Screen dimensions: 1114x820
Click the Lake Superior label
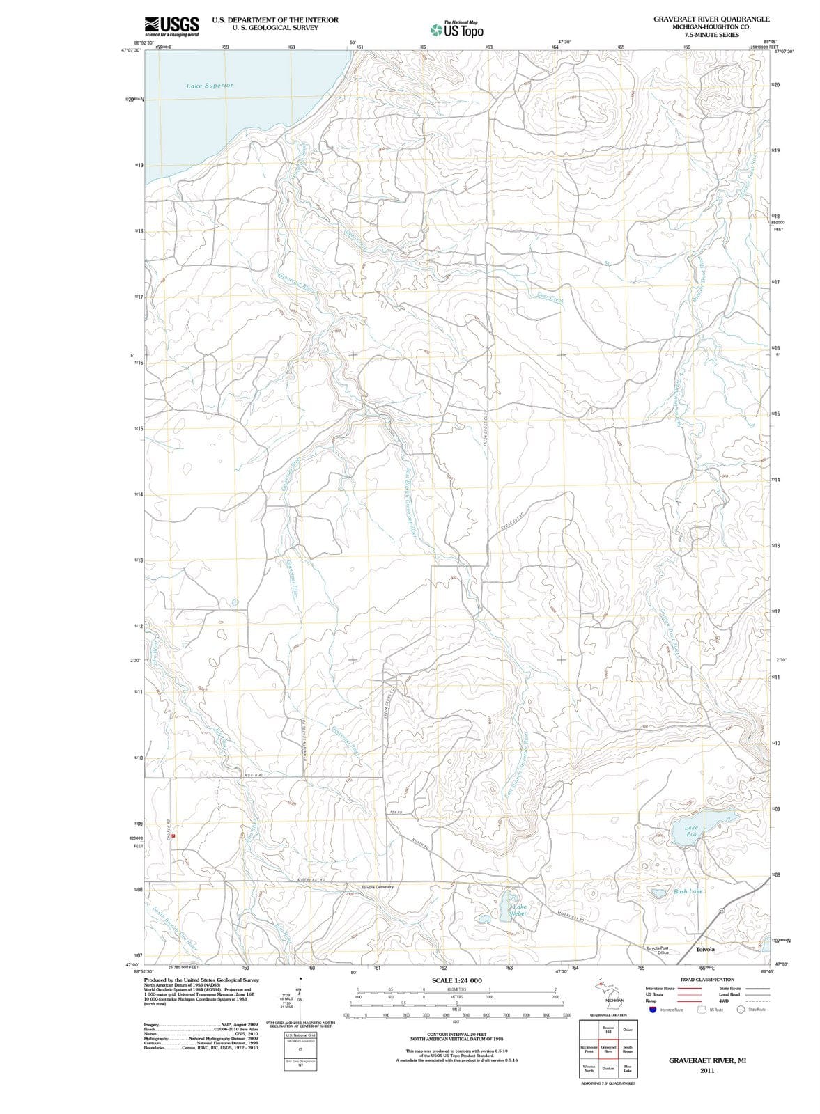tap(210, 86)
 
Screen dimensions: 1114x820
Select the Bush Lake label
tap(688, 891)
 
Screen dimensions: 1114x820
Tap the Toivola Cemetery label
tap(378, 887)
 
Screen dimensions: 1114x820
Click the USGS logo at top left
tap(171, 26)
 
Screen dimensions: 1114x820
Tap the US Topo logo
tap(457, 30)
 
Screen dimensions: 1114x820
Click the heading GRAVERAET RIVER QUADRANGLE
tap(711, 19)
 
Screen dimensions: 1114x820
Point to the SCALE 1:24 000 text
tap(456, 980)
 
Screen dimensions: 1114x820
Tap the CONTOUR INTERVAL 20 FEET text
tap(456, 1035)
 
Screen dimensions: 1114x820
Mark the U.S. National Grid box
tap(300, 1036)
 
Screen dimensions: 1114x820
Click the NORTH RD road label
tap(253, 774)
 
